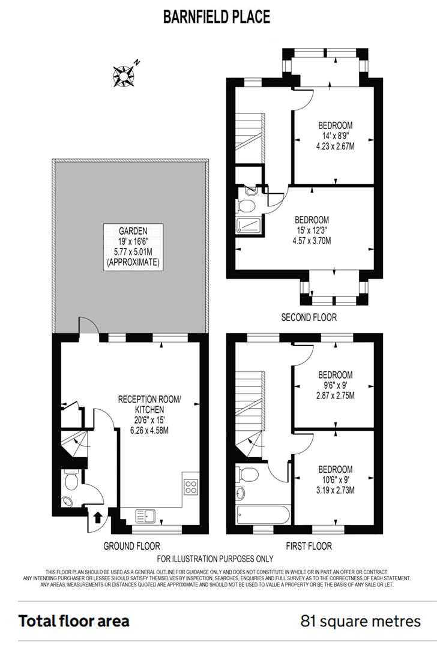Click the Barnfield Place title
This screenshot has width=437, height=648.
[217, 17]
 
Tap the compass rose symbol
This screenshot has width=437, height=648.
[124, 74]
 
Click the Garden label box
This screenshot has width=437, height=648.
[133, 246]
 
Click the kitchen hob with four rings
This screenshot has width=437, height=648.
[190, 487]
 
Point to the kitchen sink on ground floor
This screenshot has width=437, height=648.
[145, 515]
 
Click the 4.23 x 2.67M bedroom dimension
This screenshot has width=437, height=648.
[335, 146]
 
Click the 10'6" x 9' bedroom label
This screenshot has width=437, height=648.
[335, 479]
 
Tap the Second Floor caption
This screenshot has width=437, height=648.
[309, 317]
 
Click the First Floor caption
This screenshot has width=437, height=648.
[308, 546]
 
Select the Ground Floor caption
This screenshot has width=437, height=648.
[131, 546]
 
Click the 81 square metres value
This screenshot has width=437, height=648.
[360, 621]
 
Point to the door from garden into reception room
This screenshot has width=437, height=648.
[88, 327]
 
